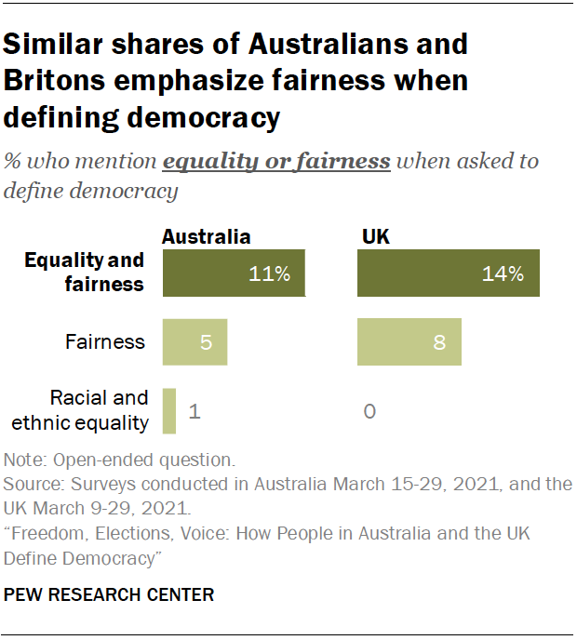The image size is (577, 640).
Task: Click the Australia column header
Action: pos(206,236)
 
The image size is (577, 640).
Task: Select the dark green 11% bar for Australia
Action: pos(234,273)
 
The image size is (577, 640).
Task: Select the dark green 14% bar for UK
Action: pos(449,273)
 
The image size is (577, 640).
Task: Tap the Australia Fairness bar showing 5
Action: pos(195,341)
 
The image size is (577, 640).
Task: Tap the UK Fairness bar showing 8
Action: pos(409,341)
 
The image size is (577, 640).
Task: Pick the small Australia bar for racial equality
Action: pos(168,410)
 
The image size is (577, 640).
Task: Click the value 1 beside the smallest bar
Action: pos(195,410)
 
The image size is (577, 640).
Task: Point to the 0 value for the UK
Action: pos(369,410)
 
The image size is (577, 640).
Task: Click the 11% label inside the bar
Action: pos(270,274)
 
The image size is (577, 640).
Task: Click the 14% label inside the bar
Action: pos(503,274)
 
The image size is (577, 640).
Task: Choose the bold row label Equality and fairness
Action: pos(84,272)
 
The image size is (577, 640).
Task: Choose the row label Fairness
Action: pos(105,341)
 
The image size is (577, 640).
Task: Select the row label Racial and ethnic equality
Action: pos(86,410)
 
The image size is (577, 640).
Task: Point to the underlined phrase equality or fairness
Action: pos(276,161)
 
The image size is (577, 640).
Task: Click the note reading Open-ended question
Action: pos(120,460)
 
